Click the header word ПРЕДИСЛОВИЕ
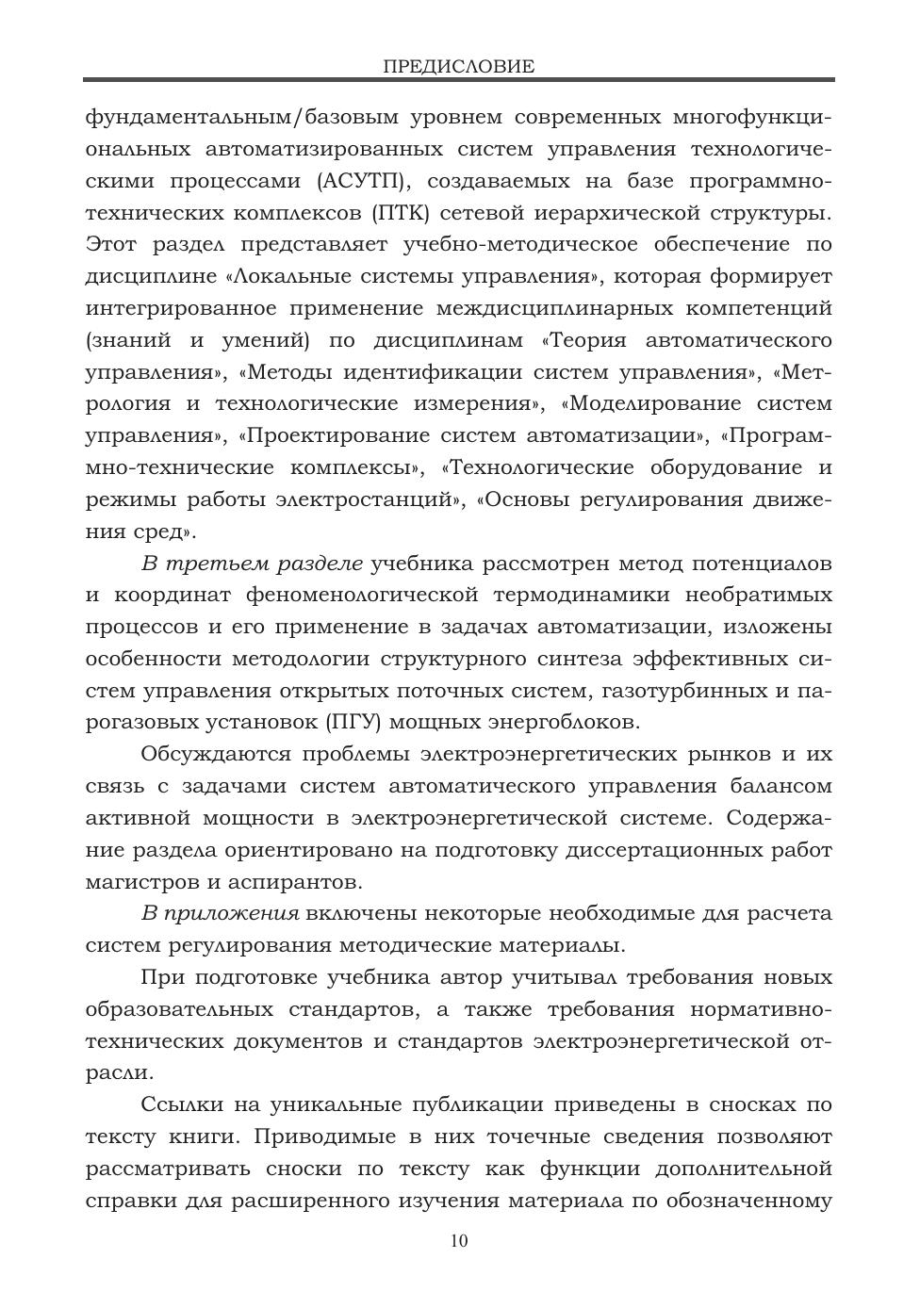(459, 67)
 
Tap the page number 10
(459, 1241)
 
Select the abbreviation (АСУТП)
(363, 181)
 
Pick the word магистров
(138, 883)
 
